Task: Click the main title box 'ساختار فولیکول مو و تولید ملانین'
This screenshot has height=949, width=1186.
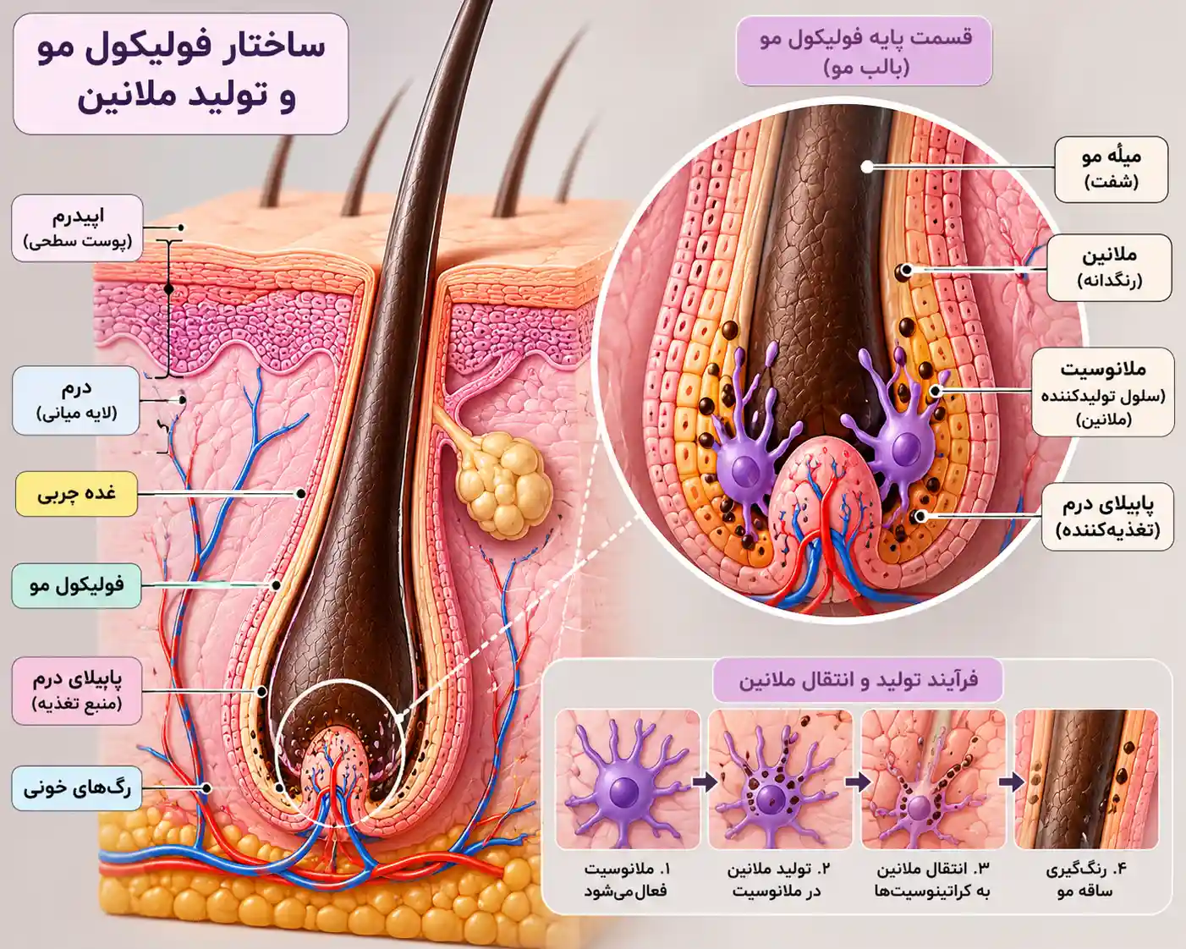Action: pos(181,74)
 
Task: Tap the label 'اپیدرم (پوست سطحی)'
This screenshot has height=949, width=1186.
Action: pos(78,228)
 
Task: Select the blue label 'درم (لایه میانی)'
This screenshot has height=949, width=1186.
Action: pos(76,400)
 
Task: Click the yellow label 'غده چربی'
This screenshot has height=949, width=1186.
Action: pos(77,494)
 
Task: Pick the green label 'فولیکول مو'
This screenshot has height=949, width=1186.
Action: pos(77,585)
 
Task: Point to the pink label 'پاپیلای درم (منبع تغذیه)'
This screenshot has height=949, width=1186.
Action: pos(77,690)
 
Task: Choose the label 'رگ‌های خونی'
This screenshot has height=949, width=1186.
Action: pos(77,788)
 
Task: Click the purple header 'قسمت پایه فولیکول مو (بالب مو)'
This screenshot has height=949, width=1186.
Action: pos(864,51)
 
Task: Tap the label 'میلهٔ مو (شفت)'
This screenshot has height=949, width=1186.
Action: pos(1111,169)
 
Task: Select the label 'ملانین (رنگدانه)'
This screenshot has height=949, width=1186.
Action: pos(1109,268)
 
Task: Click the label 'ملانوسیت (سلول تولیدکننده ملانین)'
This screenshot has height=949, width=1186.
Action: pos(1103,392)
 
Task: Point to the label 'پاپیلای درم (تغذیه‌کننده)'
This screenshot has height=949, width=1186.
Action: pos(1107,517)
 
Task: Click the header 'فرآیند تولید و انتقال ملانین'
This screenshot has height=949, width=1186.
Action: pos(858,679)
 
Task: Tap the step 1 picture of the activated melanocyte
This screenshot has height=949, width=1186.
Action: pos(628,779)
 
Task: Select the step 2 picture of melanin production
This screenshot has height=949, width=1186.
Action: pos(781,779)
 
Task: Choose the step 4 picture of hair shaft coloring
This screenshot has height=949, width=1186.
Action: pos(1086,779)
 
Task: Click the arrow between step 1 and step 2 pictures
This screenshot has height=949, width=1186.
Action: pos(705,782)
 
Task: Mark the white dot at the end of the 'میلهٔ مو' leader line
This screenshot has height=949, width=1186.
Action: pos(867,167)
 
